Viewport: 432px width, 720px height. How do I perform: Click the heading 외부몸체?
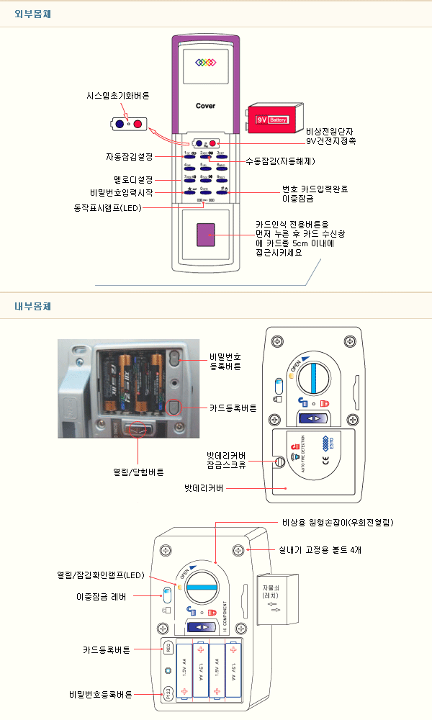(x=32, y=14)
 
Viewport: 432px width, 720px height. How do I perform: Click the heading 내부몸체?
(x=32, y=306)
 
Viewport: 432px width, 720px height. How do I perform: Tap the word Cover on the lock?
(x=206, y=106)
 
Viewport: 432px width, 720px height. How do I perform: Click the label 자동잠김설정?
(x=129, y=156)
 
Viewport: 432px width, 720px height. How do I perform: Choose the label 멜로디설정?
(x=133, y=179)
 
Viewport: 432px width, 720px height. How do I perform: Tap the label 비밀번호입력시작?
(x=122, y=192)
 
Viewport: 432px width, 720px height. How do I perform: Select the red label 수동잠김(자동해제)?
(x=276, y=161)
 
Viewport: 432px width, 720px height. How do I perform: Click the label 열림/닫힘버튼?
(x=138, y=472)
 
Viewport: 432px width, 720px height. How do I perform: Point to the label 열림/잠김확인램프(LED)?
(x=101, y=575)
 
